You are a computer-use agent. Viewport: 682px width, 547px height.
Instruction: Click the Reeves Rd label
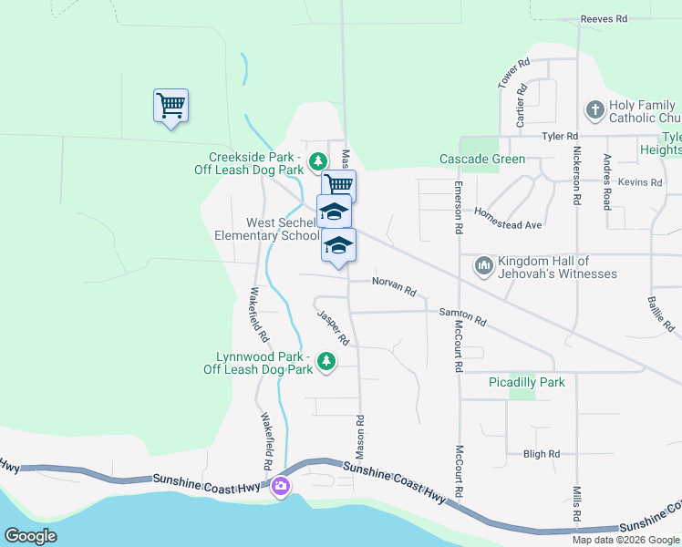[x=604, y=18]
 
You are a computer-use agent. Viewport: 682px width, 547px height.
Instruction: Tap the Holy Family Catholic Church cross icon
[x=594, y=111]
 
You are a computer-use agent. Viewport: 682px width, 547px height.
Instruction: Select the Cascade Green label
[x=482, y=160]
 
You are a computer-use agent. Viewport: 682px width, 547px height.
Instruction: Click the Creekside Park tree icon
[x=317, y=162]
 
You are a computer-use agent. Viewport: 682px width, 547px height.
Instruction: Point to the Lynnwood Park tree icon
[x=325, y=363]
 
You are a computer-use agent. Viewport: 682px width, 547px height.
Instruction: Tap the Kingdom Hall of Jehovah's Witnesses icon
[x=483, y=267]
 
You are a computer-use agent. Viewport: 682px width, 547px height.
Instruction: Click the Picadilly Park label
[x=527, y=383]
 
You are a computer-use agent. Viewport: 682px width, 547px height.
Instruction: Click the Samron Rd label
[x=462, y=316]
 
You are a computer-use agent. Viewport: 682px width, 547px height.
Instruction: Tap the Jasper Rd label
[x=334, y=327]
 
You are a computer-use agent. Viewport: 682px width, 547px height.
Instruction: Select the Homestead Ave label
[x=508, y=218]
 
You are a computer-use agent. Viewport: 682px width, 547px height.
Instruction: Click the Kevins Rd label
[x=639, y=182]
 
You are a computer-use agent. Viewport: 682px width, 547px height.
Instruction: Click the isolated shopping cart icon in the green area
[x=170, y=106]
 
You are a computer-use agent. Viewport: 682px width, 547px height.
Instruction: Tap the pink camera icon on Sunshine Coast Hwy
[x=281, y=486]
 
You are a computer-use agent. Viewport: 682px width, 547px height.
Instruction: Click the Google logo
[x=30, y=536]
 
